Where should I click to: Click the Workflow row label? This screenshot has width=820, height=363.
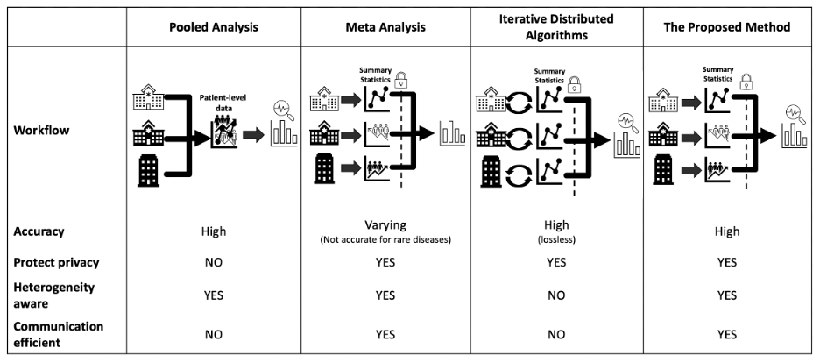coord(41,132)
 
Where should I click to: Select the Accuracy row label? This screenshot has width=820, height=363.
coord(39,231)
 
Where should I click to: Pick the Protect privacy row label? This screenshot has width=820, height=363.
coord(57,262)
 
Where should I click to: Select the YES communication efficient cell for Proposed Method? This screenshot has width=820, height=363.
coord(727,334)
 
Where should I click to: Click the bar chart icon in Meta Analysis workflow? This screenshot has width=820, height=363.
coord(453,135)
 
